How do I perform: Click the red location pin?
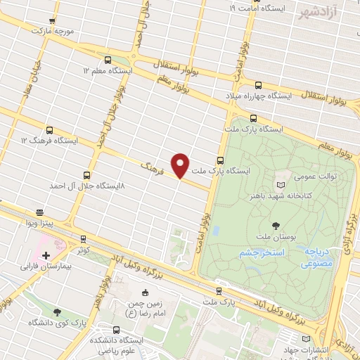pos(181,165)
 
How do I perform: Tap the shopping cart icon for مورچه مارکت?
pos(51,22)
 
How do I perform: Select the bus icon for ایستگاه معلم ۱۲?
pos(107,60)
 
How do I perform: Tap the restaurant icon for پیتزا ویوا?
pos(40,212)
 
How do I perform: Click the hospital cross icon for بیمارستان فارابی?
pos(46,256)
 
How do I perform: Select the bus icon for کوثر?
pos(84,239)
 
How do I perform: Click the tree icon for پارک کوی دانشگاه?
pos(57,311)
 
